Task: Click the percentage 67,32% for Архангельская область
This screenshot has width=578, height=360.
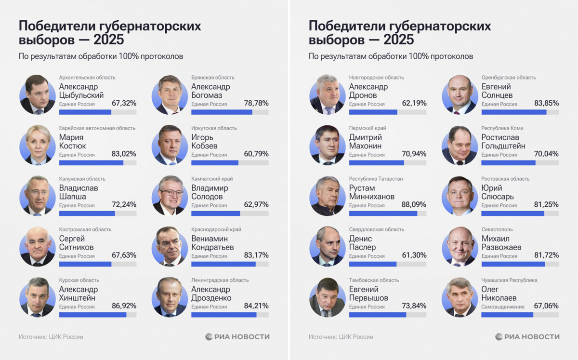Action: tap(124, 103)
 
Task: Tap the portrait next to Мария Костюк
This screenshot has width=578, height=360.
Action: tap(38, 145)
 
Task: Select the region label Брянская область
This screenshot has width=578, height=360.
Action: tap(212, 78)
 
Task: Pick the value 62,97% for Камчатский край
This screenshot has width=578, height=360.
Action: tap(256, 205)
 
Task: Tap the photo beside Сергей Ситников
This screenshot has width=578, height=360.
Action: tap(38, 246)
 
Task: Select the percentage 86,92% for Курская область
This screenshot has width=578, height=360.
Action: tap(124, 306)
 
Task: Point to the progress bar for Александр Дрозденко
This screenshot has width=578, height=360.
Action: tap(223, 315)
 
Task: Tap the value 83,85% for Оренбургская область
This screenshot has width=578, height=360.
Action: tap(546, 103)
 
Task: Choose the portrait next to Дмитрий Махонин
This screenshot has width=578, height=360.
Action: tap(328, 145)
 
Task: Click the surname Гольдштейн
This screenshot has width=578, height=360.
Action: tap(503, 146)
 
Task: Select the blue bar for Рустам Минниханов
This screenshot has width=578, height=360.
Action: tap(383, 213)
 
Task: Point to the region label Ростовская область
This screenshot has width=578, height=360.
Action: tap(505, 179)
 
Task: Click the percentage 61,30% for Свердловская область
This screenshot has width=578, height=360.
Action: tap(414, 255)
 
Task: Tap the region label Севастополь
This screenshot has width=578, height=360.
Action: tap(497, 229)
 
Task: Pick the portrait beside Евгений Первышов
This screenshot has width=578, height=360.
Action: tap(328, 297)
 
